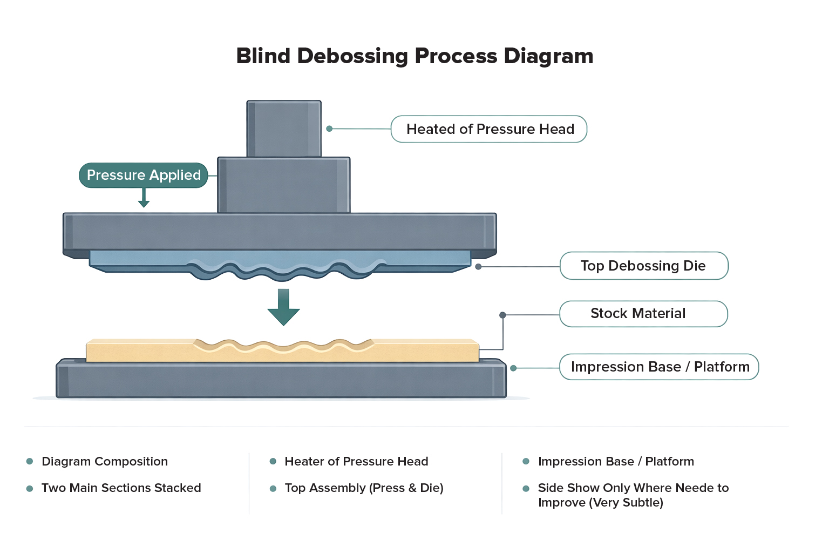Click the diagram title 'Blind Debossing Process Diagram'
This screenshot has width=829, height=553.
[x=414, y=56]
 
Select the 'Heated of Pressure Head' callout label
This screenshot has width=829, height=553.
[x=489, y=129]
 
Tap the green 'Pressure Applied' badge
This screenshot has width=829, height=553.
[x=144, y=175]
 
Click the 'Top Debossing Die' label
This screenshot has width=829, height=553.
[x=644, y=266]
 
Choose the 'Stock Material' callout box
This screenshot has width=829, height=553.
[x=643, y=314]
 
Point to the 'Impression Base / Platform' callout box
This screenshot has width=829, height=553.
[x=659, y=367]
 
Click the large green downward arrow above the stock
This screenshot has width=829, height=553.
[x=283, y=307]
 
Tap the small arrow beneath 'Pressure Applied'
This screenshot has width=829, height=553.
[x=144, y=198]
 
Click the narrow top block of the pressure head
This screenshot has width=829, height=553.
[x=284, y=129]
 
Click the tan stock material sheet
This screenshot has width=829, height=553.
[x=282, y=350]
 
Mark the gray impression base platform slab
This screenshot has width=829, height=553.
[x=281, y=379]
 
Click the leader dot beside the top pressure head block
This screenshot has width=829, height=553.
[x=329, y=129]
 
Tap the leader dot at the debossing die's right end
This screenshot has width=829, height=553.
[x=478, y=267]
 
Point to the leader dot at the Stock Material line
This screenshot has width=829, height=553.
[x=502, y=315]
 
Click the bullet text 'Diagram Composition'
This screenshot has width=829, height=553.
[x=105, y=462]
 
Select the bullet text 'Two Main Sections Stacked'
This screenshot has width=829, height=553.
[x=121, y=488]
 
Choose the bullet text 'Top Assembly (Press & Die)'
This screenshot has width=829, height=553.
[x=364, y=488]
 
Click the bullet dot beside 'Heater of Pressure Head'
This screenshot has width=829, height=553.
[x=273, y=461]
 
